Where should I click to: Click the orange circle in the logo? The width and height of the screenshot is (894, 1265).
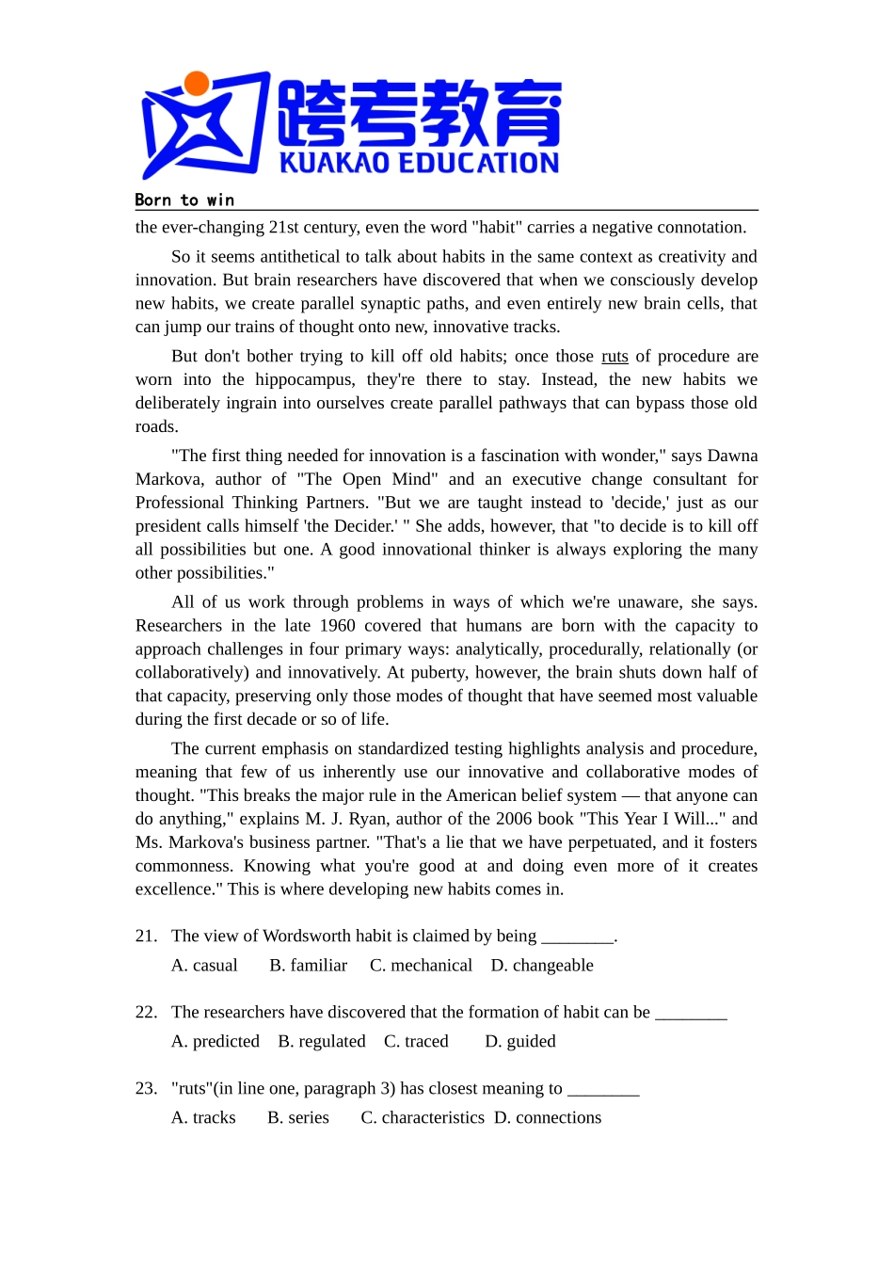pos(197,84)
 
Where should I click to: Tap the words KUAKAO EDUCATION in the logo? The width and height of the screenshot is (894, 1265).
pos(419,163)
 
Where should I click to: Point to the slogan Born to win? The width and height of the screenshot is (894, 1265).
pos(184,200)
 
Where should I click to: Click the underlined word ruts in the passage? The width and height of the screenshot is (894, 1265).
pos(615,356)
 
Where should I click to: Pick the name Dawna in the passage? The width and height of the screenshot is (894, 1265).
pos(732,456)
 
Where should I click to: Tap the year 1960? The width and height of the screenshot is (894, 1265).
pos(337,626)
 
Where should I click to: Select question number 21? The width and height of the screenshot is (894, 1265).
pos(146,936)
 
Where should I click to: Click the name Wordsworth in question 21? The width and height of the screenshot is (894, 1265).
pos(307,936)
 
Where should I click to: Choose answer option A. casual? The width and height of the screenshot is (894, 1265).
pos(204,965)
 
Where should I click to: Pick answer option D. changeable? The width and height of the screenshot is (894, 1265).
pos(542,965)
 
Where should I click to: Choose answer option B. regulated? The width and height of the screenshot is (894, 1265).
pos(322,1041)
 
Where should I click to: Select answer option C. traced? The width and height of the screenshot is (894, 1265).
pos(416,1041)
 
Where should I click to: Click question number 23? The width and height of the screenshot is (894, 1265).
pos(146,1088)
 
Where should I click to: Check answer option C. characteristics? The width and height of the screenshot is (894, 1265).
pos(423,1117)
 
